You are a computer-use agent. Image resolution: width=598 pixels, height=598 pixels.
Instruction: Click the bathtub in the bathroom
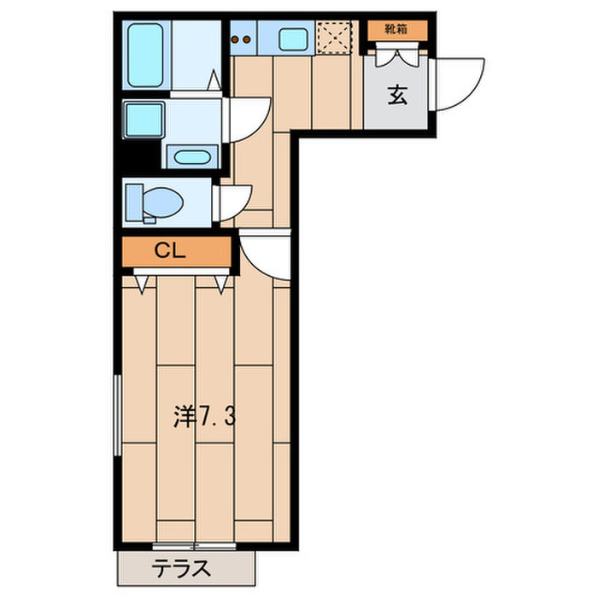145,55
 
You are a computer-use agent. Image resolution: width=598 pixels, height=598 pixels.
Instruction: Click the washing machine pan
144,119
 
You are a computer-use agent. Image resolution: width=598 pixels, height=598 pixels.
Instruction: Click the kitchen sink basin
293,39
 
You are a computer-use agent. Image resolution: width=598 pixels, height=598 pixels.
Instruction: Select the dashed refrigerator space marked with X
334,38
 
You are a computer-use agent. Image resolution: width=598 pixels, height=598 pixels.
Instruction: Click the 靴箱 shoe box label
396,29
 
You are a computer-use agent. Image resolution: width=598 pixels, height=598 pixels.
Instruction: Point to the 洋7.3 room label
205,416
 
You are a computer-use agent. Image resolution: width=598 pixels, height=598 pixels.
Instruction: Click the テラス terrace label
181,568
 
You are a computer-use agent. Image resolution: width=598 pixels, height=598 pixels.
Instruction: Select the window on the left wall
118,415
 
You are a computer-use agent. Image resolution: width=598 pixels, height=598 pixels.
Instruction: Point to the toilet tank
134,202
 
